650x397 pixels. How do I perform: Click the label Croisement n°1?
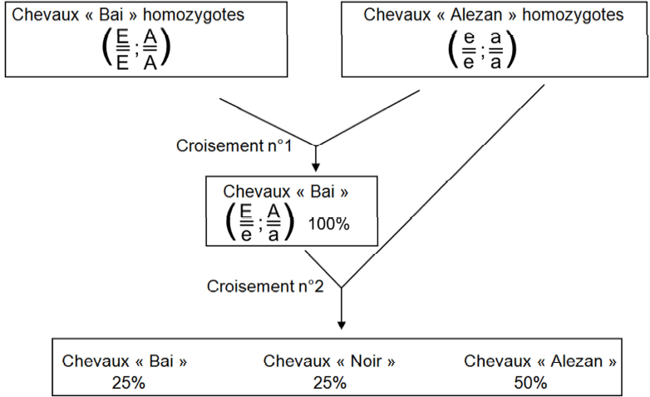click(234, 146)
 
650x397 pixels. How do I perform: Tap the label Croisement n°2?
click(265, 286)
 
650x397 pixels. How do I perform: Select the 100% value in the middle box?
click(328, 224)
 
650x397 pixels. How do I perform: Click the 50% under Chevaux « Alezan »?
click(530, 383)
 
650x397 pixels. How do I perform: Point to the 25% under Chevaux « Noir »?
click(329, 383)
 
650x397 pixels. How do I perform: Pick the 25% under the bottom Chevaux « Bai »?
click(129, 383)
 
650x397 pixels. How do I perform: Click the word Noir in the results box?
click(366, 361)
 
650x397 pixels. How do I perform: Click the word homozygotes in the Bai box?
click(194, 15)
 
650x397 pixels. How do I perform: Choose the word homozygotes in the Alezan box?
click(573, 15)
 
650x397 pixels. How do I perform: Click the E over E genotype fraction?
click(123, 50)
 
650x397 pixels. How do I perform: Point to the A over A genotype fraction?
click(150, 50)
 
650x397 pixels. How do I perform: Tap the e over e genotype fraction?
click(469, 50)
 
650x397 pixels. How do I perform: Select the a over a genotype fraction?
click(495, 50)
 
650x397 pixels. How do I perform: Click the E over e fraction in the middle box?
click(246, 223)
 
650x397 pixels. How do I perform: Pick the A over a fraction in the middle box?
click(273, 223)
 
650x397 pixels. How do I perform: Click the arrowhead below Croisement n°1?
click(316, 167)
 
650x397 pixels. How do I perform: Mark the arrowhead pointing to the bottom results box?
click(342, 325)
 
